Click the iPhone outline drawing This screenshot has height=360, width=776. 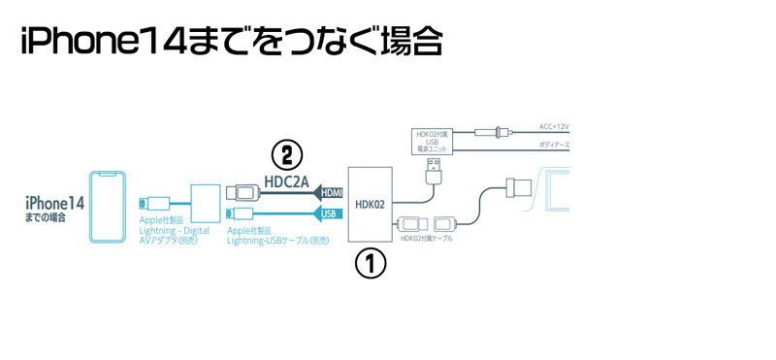coord(108,208)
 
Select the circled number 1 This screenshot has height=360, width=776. coord(370,262)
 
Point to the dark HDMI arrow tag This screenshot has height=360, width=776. coord(329,193)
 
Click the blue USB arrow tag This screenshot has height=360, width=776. coord(330,213)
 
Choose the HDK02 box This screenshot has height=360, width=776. coord(370,203)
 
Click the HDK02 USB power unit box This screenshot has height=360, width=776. coord(431,143)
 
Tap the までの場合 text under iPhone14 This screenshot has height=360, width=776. coord(46,218)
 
